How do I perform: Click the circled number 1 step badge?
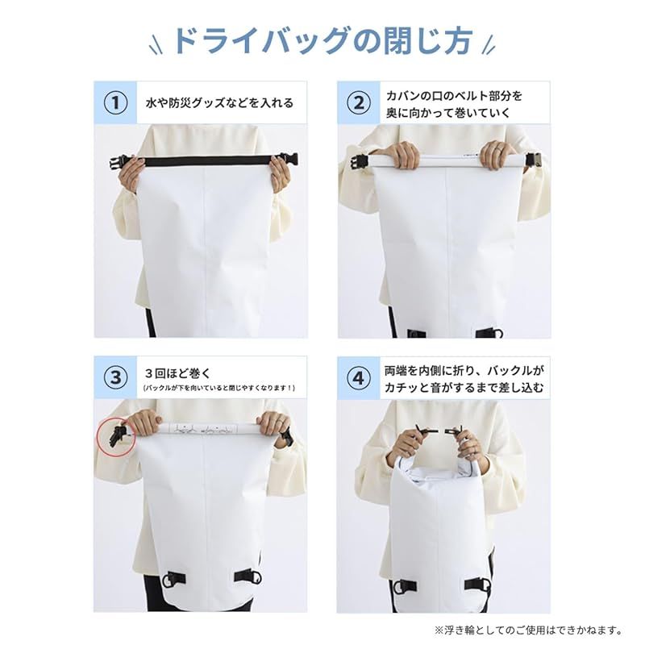115,102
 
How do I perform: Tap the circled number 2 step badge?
359,102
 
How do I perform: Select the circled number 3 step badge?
115,377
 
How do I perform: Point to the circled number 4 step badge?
359,377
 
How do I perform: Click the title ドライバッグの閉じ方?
322,41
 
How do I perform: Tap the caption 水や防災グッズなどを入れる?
219,103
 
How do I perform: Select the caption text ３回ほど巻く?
177,373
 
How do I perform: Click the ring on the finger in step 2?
499,148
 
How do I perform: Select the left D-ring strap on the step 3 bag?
175,579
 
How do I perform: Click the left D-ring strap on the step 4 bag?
405,585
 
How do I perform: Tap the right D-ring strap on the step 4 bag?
478,584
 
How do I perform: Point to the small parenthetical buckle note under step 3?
219,388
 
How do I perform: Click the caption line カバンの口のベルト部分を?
454,96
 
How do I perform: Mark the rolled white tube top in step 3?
208,428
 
